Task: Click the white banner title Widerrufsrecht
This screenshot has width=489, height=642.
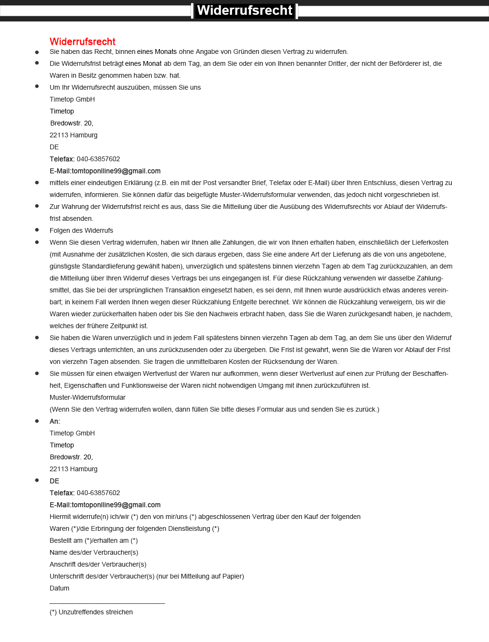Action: (244, 10)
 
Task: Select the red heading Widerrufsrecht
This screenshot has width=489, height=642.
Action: (83, 41)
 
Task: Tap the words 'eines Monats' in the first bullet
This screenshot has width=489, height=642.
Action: (157, 52)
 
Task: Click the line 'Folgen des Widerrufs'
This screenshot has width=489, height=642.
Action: (81, 230)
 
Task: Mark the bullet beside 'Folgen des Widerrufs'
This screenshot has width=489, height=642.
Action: (37, 230)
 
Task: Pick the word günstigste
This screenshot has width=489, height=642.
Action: (65, 266)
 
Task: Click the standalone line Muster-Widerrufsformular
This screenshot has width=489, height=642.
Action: (87, 397)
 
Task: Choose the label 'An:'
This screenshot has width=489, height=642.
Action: (55, 421)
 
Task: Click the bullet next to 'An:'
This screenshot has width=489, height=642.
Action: (37, 421)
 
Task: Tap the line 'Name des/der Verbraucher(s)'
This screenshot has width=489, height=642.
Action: (94, 552)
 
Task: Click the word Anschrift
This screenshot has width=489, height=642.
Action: (62, 564)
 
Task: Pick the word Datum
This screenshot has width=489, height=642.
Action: (59, 588)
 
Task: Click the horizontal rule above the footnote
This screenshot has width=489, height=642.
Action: (107, 603)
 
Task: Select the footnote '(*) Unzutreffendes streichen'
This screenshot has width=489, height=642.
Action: (91, 612)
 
